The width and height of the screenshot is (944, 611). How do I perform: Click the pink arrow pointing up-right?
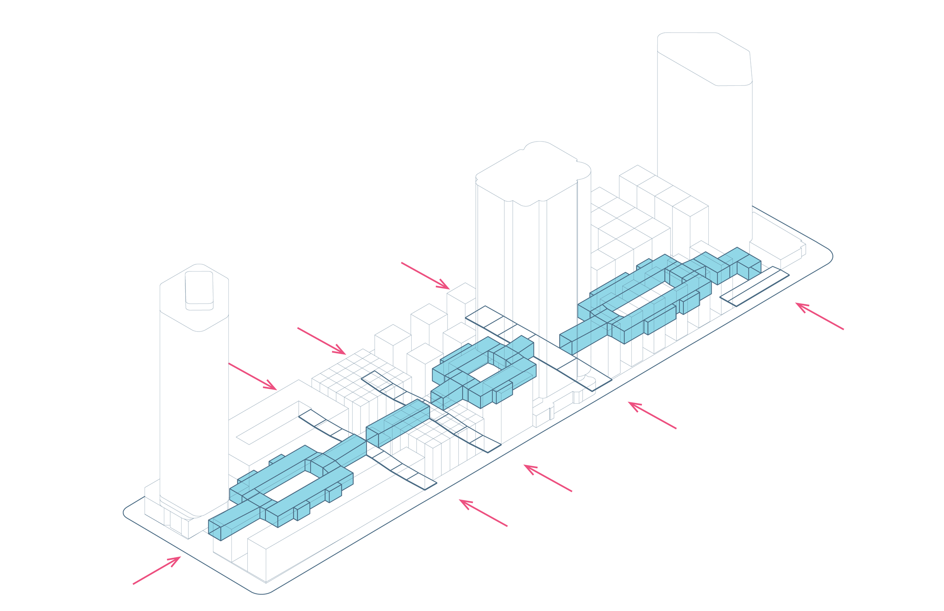coord(157,571)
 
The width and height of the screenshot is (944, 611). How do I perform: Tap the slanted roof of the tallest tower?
coord(704,60)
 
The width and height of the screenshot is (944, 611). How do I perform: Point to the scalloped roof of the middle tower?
coord(534,173)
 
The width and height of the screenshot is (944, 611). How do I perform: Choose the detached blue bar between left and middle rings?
coord(398,422)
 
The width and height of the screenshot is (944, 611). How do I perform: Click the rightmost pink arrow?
coord(819,316)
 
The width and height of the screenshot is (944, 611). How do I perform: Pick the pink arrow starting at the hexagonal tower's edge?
coord(252,376)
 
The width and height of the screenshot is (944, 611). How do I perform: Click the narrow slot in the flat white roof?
coord(274,423)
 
